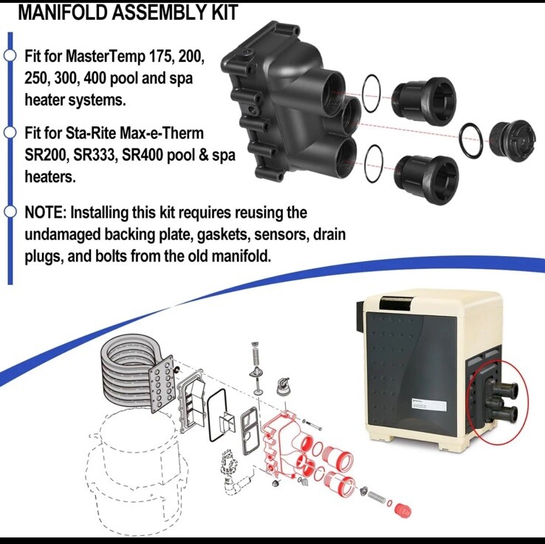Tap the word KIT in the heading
click(222, 13)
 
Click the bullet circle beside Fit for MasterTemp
click(10, 56)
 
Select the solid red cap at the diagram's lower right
click(402, 510)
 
